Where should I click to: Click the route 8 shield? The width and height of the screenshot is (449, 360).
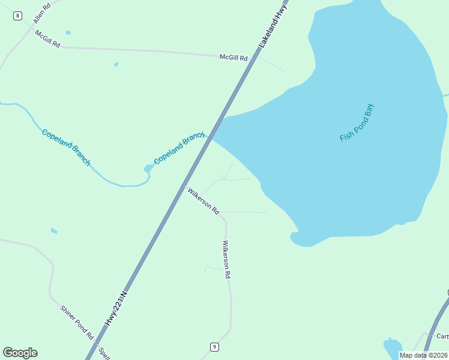[x=17, y=16]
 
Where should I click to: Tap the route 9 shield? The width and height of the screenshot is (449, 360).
[x=214, y=347]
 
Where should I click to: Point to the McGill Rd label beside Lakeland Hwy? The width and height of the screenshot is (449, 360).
[x=234, y=58]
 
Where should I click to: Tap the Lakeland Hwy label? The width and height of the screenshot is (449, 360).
[x=274, y=24]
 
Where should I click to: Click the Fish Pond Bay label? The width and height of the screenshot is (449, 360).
[x=357, y=123]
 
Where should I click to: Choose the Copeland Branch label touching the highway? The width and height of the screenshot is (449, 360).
[x=179, y=148]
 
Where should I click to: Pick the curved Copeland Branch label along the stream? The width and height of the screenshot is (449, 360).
[x=66, y=147]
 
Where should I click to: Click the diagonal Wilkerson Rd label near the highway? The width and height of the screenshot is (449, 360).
[x=203, y=201]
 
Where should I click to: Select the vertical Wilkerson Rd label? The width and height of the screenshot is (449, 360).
[x=226, y=260]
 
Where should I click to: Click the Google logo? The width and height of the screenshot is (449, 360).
[x=20, y=353]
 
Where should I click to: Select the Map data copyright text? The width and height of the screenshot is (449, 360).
[x=424, y=355]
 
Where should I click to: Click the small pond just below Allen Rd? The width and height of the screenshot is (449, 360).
[x=68, y=32]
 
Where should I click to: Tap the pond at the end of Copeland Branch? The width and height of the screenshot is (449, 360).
[x=148, y=169]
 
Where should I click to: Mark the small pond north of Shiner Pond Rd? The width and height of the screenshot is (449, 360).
[x=54, y=230]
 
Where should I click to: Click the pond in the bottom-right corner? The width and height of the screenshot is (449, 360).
[x=392, y=348]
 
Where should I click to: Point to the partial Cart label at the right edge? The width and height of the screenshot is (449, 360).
[x=442, y=336]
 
